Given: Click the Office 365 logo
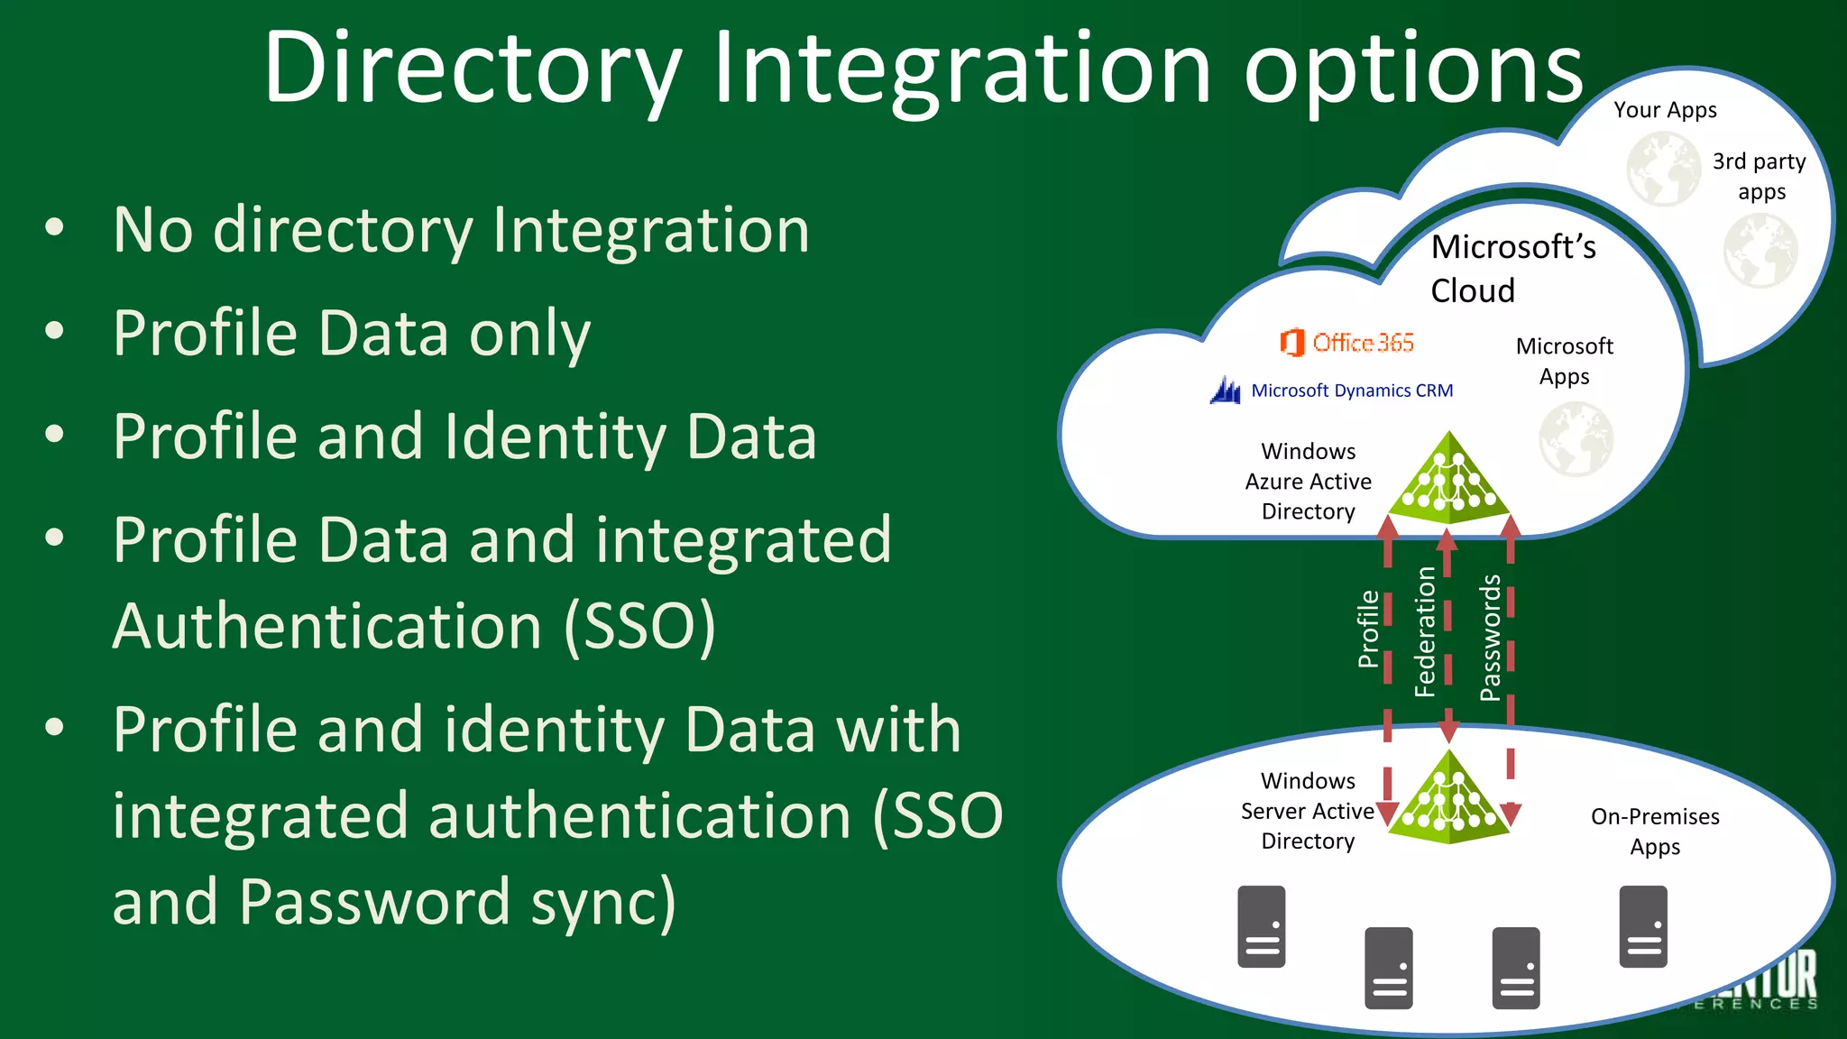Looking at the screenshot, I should click(x=1346, y=343).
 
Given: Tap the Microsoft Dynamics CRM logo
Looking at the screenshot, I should click(x=1332, y=391).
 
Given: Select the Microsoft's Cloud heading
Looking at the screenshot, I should click(x=1512, y=268).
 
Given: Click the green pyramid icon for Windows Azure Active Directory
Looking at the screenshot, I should click(x=1449, y=481).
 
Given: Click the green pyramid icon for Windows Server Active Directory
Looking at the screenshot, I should click(x=1449, y=798).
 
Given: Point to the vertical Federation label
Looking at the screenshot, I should click(x=1425, y=631).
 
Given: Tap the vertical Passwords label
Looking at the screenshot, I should click(x=1490, y=637).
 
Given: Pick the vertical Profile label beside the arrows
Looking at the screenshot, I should click(x=1368, y=629).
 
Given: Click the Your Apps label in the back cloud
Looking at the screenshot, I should click(x=1665, y=110).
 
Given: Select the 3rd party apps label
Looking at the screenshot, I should click(x=1760, y=176).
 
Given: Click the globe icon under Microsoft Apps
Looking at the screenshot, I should click(x=1576, y=439).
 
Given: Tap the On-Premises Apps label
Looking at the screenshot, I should click(x=1655, y=831).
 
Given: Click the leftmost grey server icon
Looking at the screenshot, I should click(x=1261, y=926).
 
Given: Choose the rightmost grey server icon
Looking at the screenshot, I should click(x=1643, y=926).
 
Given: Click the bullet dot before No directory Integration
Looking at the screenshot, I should click(x=55, y=228).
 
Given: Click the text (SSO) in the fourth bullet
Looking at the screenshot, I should click(x=639, y=626).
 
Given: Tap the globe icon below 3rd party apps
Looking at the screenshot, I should click(x=1760, y=251).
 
